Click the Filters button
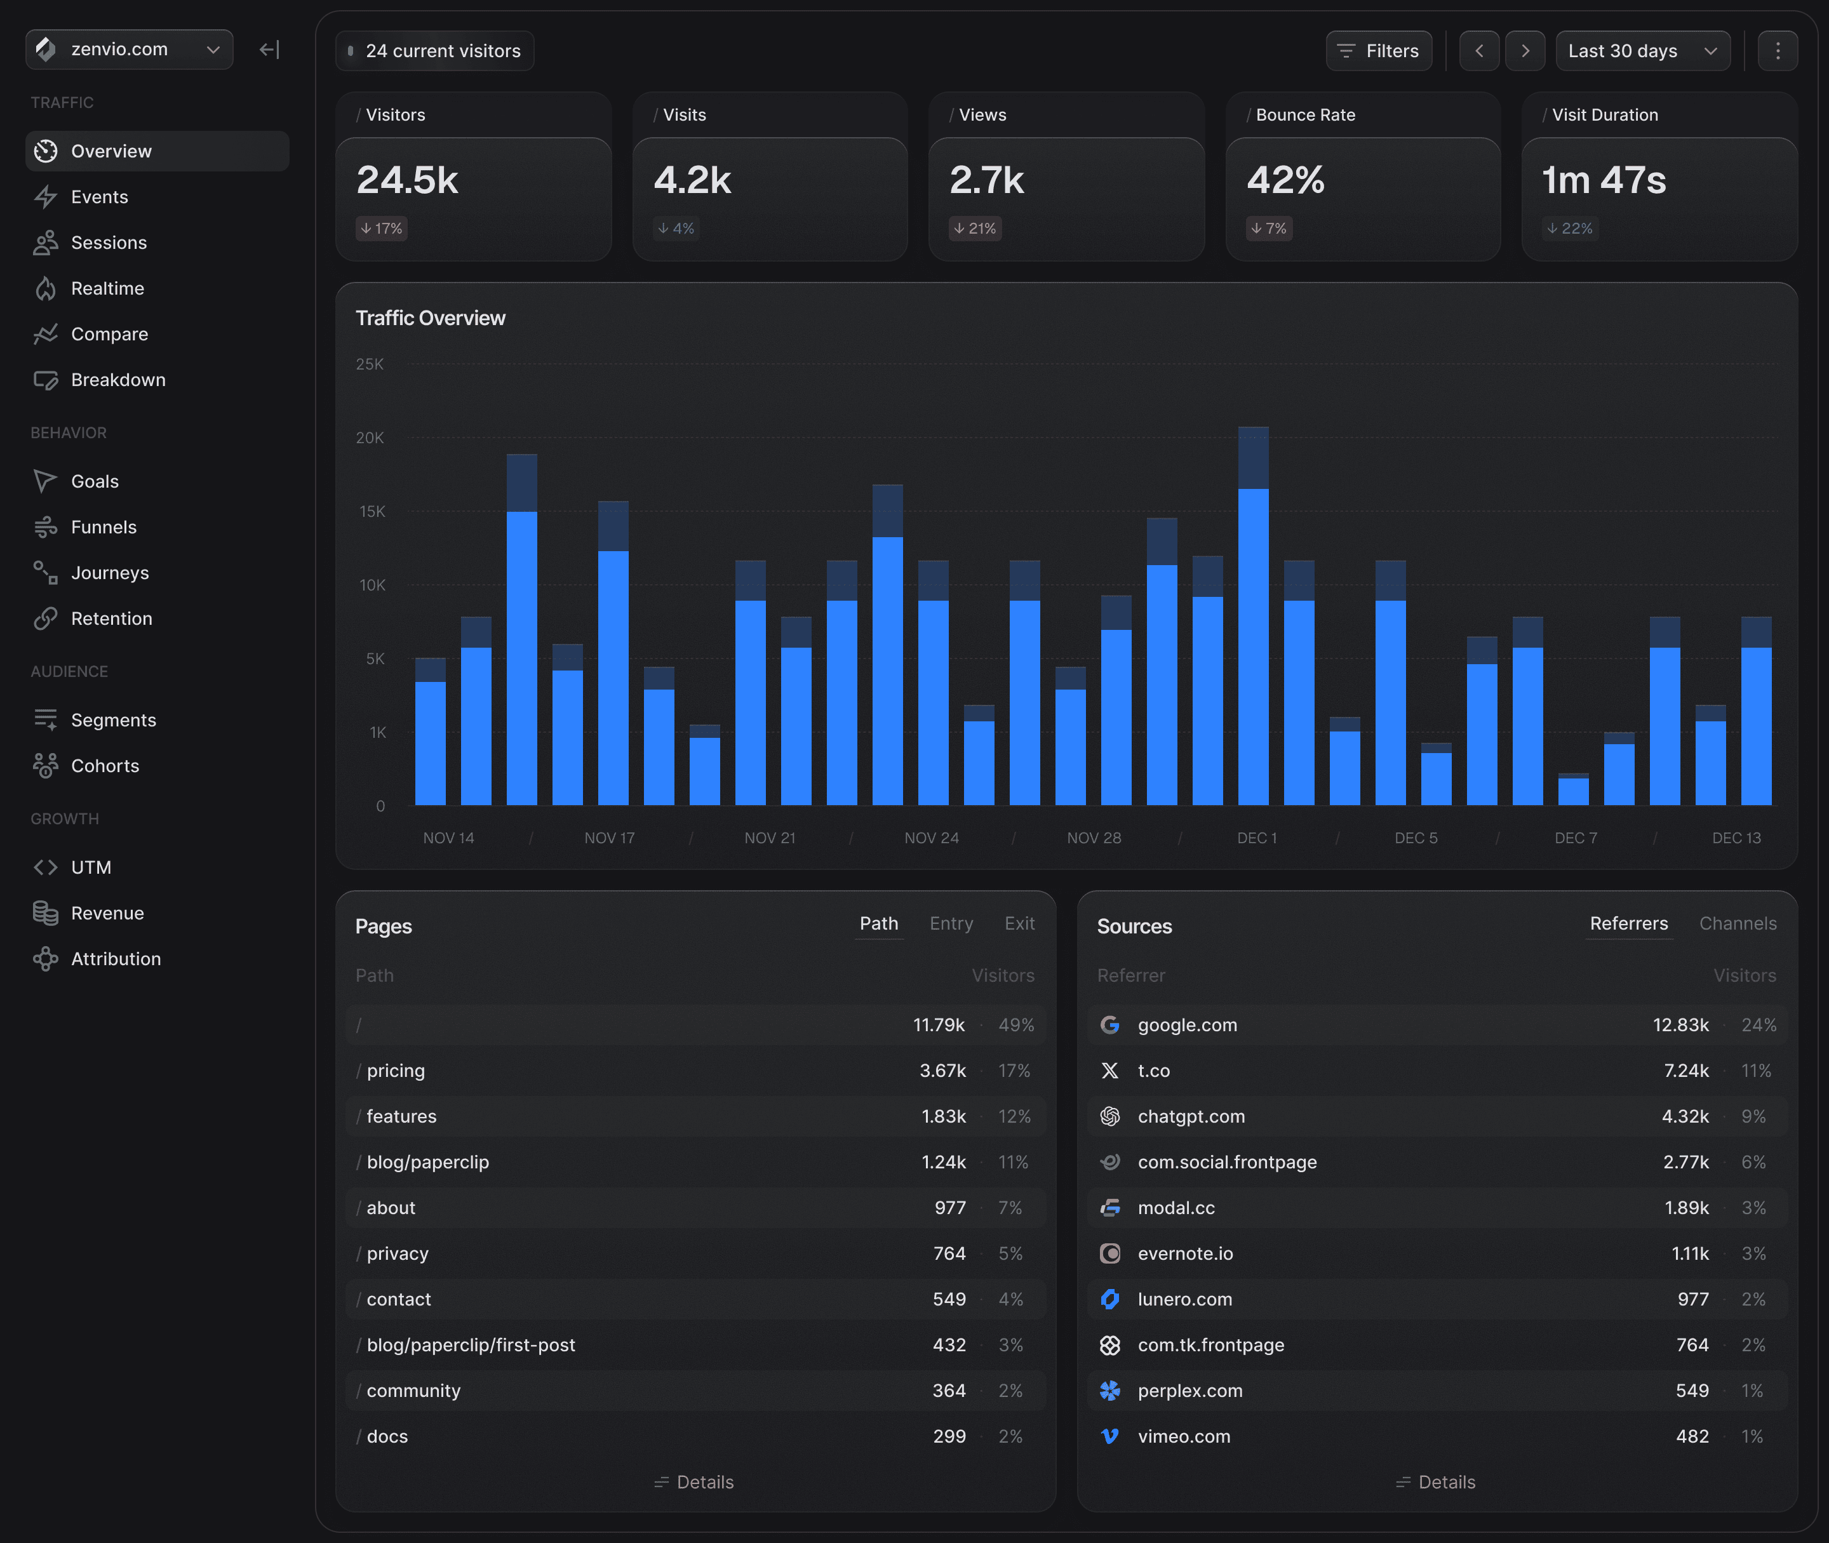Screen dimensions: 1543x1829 click(1379, 51)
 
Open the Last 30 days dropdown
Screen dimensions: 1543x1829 click(1642, 51)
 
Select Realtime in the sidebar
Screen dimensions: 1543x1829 click(107, 289)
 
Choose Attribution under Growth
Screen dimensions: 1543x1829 click(116, 959)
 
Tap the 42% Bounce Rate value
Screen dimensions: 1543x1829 click(1285, 180)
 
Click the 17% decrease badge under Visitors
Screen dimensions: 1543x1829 click(382, 229)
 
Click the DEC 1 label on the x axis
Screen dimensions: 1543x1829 click(1256, 838)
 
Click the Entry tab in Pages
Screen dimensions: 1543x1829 click(951, 924)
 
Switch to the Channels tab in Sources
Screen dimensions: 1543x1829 click(1737, 924)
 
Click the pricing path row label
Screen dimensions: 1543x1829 click(396, 1071)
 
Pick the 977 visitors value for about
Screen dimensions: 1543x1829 click(950, 1208)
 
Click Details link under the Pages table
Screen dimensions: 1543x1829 click(695, 1482)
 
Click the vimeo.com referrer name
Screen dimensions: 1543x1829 click(1184, 1436)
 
